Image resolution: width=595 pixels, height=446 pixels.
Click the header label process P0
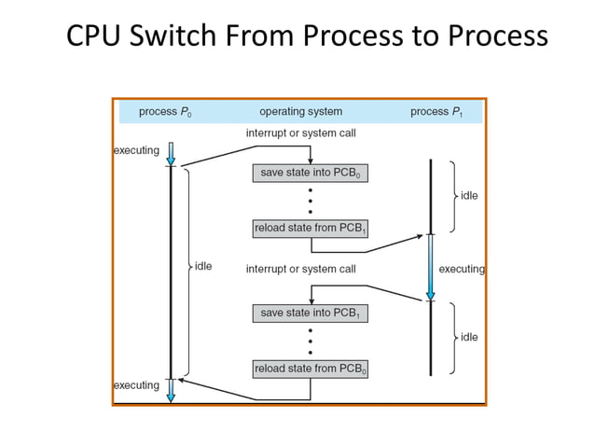(x=165, y=112)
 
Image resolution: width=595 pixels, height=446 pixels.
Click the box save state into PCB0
(x=310, y=174)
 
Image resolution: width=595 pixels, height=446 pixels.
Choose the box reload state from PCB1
(x=310, y=229)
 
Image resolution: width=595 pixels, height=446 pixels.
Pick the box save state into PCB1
(x=310, y=314)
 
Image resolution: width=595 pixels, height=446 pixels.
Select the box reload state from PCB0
(x=310, y=369)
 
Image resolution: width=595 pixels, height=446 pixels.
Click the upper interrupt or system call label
(x=300, y=134)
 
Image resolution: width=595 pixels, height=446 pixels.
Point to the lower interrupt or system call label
(x=300, y=270)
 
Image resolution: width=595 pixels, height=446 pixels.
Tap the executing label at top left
(x=136, y=150)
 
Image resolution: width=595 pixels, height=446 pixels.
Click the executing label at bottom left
(x=136, y=385)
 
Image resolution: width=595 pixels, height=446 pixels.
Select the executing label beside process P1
(x=462, y=270)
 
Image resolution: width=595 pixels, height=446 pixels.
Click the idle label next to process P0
(x=202, y=267)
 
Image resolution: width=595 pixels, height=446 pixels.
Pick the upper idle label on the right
(x=468, y=197)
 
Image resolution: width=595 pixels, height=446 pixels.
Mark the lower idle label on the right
(x=468, y=337)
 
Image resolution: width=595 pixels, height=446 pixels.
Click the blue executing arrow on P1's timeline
(x=430, y=267)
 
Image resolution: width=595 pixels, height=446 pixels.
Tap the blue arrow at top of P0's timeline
(x=171, y=154)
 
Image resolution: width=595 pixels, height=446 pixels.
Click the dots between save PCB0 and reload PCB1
(x=310, y=201)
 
